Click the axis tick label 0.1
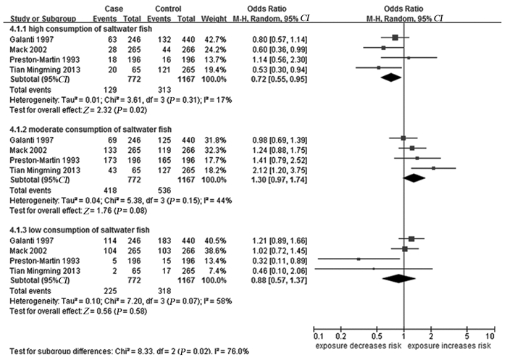(317, 337)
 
